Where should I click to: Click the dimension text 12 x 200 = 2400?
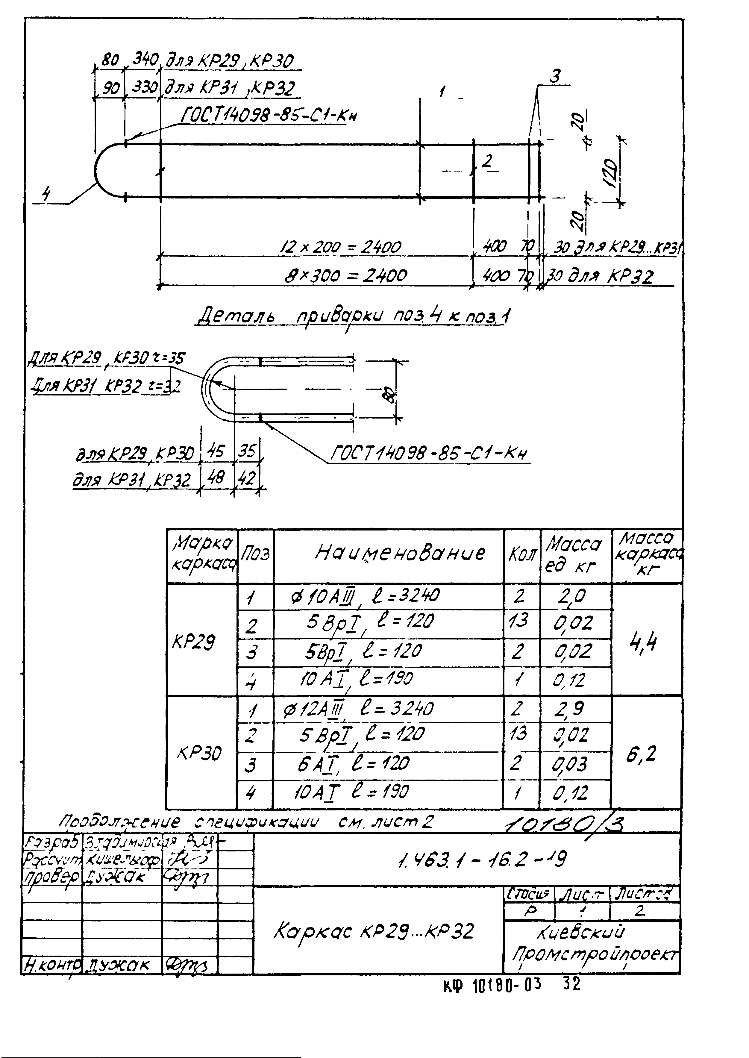click(x=341, y=247)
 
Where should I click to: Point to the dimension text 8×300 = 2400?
click(x=345, y=276)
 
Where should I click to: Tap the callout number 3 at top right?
click(x=556, y=77)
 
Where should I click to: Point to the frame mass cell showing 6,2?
click(x=641, y=754)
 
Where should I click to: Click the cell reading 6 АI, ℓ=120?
click(x=353, y=764)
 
